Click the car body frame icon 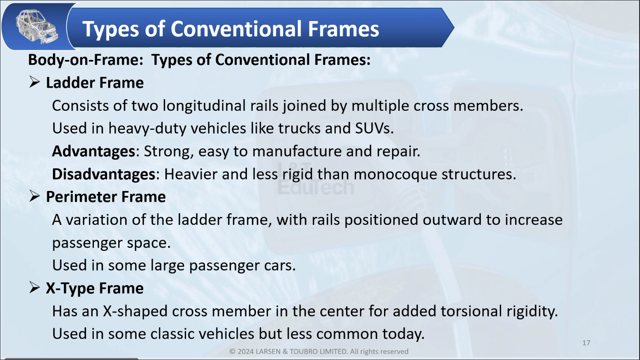click(36, 26)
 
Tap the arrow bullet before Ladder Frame click(34, 82)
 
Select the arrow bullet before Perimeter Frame click(34, 196)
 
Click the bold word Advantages click(93, 151)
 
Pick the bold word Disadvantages click(103, 174)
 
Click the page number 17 click(586, 343)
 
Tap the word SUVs click(374, 128)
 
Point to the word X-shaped click(135, 311)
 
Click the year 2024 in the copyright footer click(245, 351)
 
